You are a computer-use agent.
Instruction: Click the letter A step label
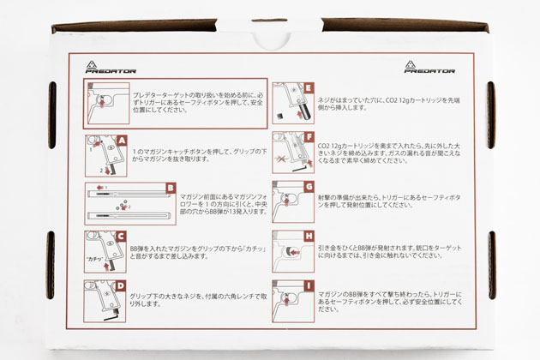point(122,141)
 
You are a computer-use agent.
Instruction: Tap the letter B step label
point(170,189)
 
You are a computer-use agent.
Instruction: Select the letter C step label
point(122,237)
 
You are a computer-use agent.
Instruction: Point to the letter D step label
point(122,286)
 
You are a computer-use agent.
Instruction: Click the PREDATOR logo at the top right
point(429,67)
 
